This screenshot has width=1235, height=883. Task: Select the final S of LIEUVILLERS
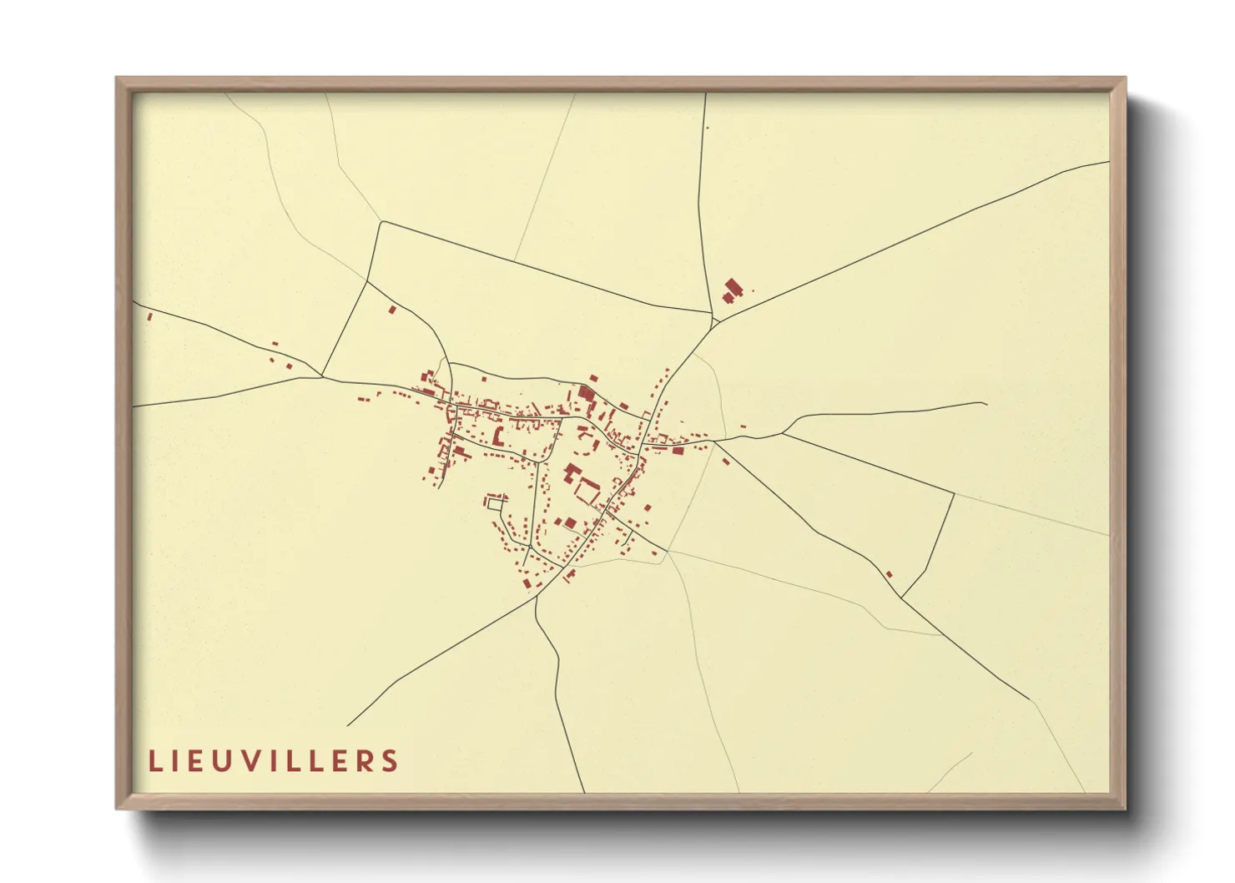(390, 761)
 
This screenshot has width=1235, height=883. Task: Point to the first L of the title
(154, 761)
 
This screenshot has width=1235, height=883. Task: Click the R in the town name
(364, 761)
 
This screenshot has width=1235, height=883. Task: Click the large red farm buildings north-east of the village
(733, 290)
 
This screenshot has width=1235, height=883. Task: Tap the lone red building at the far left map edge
(149, 316)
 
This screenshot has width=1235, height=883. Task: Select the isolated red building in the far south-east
(889, 573)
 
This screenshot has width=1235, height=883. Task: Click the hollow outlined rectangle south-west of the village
(496, 502)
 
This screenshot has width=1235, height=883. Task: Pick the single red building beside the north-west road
(392, 310)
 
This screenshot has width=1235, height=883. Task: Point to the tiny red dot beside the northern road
(707, 128)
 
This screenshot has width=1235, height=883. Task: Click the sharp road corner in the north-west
(381, 222)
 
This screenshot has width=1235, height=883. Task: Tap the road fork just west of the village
(323, 377)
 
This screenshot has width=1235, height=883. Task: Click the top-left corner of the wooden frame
(117, 78)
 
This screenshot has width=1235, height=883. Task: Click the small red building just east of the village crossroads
(724, 461)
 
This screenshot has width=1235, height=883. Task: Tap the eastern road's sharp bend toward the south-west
(953, 493)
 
